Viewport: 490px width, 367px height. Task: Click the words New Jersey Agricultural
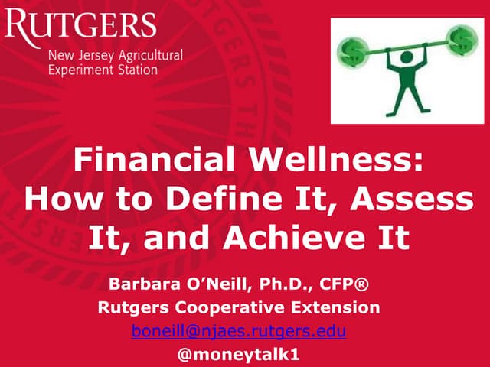tap(115, 56)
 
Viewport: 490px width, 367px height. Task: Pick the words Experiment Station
tap(103, 70)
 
